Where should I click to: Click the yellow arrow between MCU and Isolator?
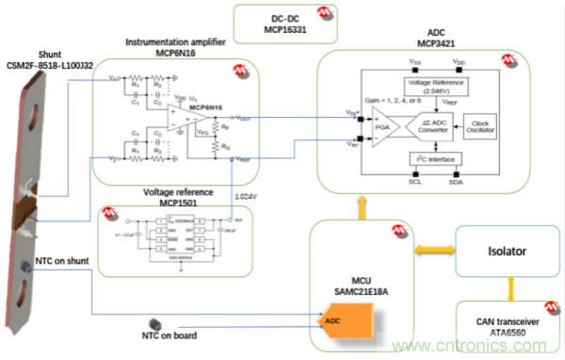point(427,254)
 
